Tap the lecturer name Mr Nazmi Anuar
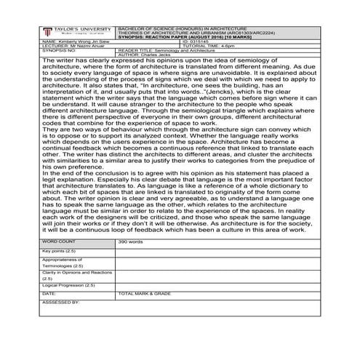pos(69,46)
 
